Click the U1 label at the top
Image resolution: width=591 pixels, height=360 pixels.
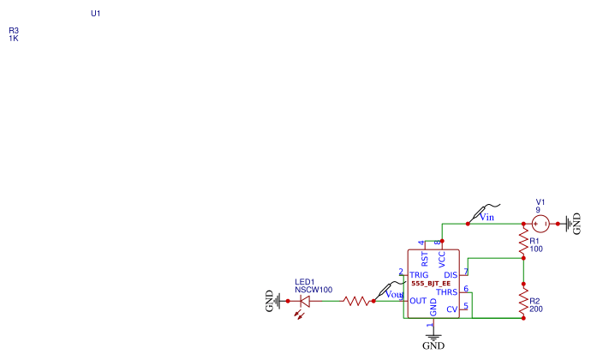96,14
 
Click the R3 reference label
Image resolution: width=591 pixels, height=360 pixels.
14,30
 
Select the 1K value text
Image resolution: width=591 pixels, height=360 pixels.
14,39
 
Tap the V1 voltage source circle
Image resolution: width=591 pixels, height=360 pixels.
541,225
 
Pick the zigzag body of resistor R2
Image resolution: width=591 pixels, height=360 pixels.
522,301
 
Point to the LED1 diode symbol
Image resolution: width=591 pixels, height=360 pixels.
305,301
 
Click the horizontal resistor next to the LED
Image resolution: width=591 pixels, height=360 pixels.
357,301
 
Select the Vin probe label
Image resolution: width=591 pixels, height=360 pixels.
487,217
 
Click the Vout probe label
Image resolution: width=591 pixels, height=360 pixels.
394,294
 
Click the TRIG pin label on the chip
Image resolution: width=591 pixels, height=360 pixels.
420,274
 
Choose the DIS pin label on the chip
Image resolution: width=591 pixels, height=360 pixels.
451,274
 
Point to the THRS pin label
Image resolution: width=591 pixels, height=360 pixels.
447,292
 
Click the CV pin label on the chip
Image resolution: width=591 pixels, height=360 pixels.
451,309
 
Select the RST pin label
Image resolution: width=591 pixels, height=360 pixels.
425,259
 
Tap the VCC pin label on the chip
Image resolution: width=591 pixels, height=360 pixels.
442,259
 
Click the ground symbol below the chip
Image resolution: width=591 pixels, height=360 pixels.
433,336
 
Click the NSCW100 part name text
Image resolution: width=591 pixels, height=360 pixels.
313,291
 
